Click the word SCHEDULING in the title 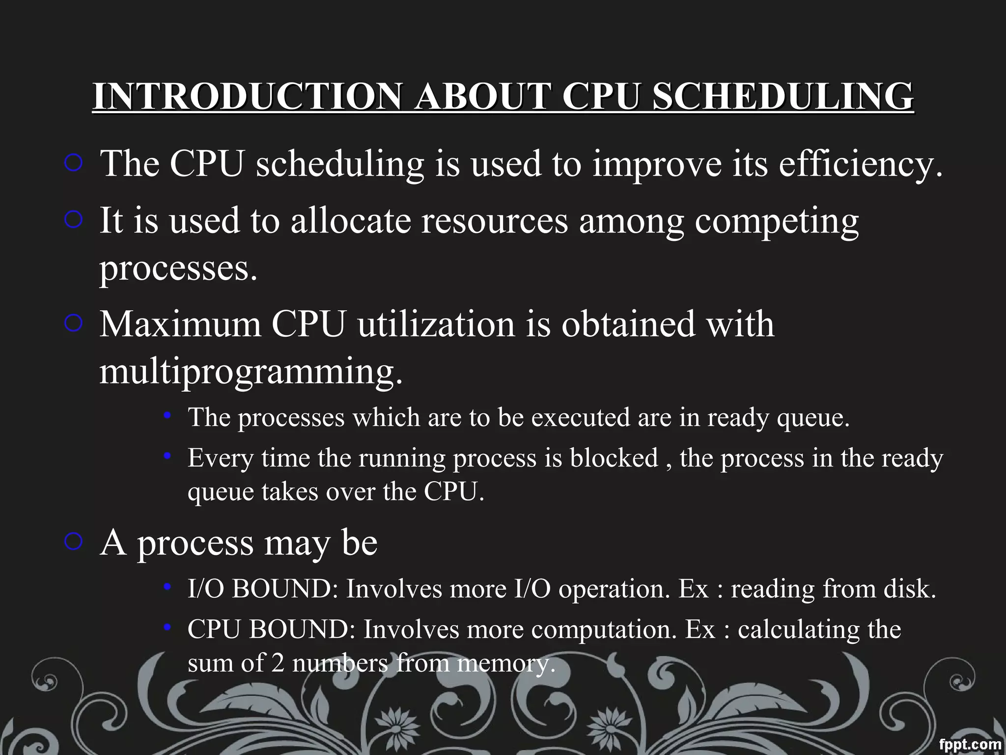[782, 96]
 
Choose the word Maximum [180, 324]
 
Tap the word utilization [436, 324]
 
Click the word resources [495, 221]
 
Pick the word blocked [614, 458]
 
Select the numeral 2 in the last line [278, 663]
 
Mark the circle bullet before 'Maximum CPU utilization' [73, 323]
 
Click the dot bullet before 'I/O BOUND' [168, 586]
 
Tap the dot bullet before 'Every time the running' [168, 456]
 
